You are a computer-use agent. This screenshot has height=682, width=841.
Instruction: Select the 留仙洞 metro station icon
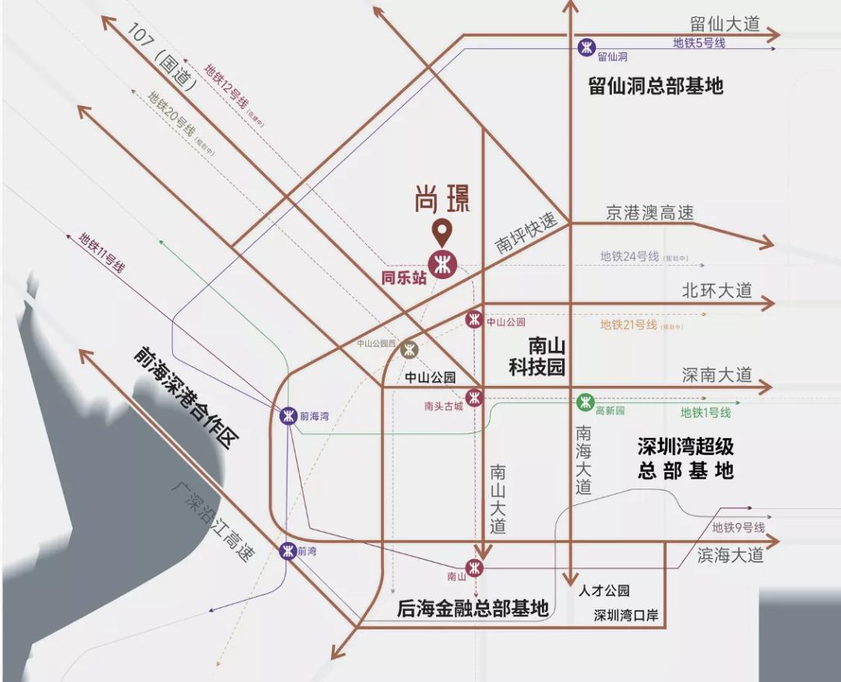(586, 48)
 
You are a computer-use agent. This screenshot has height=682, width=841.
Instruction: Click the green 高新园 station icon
(585, 402)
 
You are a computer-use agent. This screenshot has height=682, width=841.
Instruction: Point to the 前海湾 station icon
(288, 415)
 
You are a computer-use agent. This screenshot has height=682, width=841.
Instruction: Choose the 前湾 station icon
(287, 551)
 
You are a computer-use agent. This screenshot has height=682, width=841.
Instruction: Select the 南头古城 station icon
(474, 398)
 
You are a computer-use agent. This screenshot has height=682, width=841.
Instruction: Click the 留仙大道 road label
(724, 23)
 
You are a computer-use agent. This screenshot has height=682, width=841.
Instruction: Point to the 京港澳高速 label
(649, 213)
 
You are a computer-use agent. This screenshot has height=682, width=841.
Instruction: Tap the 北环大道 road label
(716, 291)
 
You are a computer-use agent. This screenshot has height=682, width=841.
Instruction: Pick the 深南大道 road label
(716, 375)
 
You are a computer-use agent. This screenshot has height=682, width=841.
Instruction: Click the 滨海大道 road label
(730, 555)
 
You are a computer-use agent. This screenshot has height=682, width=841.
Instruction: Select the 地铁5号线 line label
(698, 44)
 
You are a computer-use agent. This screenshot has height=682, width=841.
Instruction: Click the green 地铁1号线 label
(706, 412)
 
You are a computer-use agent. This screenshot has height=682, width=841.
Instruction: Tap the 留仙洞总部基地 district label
(656, 86)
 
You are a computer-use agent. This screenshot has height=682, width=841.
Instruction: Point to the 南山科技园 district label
(537, 356)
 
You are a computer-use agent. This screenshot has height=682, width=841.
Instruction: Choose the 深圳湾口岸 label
(625, 615)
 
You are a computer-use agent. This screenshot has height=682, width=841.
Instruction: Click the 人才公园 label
(603, 591)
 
